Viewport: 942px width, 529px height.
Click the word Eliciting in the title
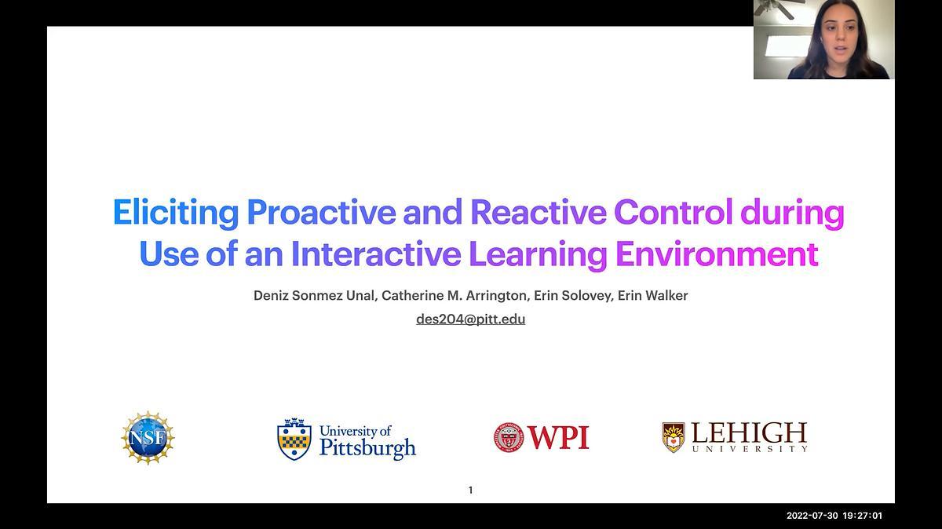click(176, 213)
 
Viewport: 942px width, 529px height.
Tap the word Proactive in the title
click(321, 211)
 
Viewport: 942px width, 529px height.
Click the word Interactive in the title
click(375, 254)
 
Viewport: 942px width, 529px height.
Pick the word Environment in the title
click(717, 254)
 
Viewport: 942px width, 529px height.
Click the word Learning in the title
click(538, 255)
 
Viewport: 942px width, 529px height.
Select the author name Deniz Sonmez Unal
click(314, 296)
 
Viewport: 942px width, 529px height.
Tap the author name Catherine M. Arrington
click(454, 296)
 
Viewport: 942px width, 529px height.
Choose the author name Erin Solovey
click(572, 296)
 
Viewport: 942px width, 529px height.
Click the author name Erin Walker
click(652, 296)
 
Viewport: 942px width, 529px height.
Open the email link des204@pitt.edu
click(470, 319)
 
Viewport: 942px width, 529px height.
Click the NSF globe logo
click(148, 438)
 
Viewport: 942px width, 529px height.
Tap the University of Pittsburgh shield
click(294, 439)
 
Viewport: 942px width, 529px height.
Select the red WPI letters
click(558, 437)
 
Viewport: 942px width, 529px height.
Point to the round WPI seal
click(509, 438)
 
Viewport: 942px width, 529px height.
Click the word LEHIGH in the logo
click(749, 432)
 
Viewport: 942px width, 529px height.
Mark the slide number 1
click(470, 490)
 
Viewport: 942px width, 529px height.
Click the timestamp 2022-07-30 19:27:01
click(834, 516)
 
